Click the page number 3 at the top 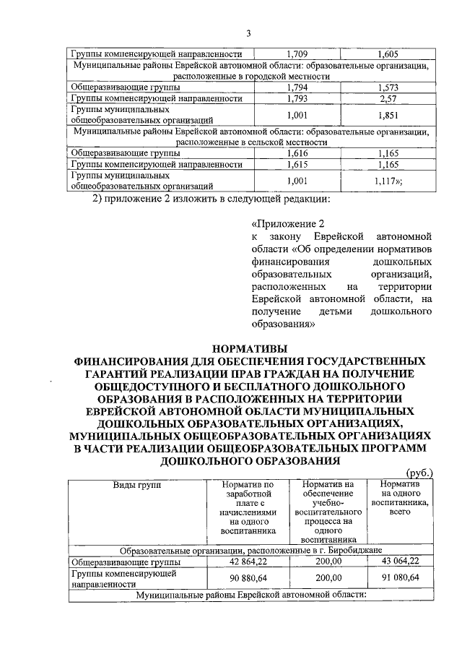click(x=248, y=33)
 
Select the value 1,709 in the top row click(x=297, y=54)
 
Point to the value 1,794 click(x=297, y=87)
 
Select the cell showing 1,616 click(x=297, y=153)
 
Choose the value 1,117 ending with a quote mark click(x=390, y=181)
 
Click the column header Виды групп click(x=136, y=484)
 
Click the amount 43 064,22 click(x=398, y=560)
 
